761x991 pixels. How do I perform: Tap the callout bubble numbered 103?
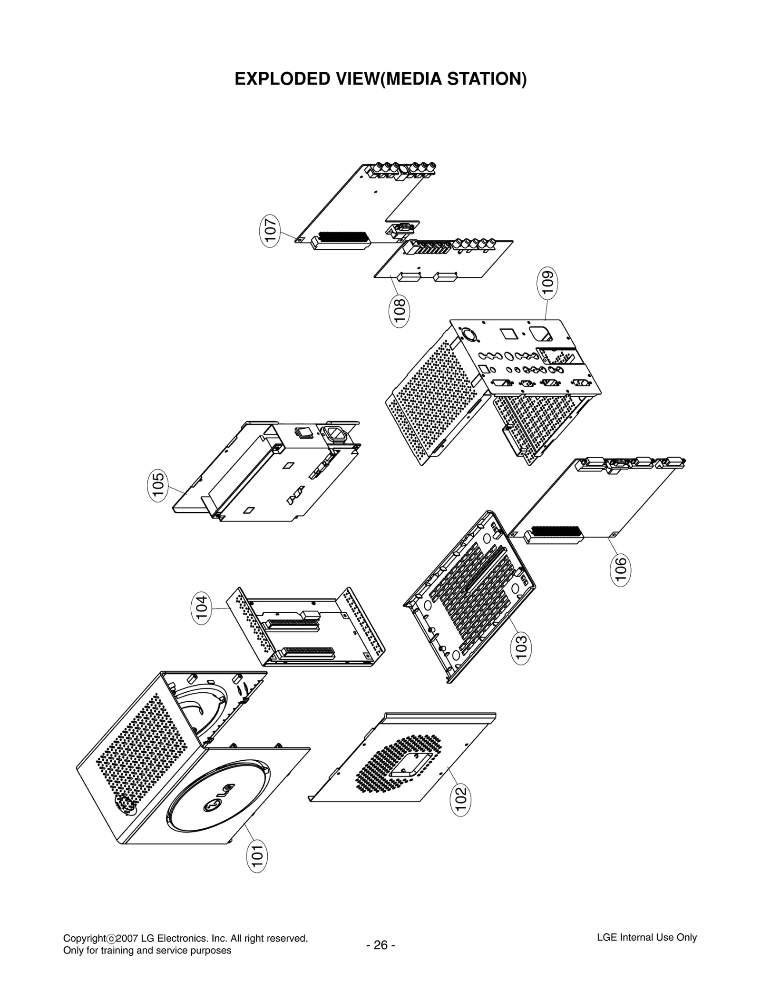click(x=521, y=648)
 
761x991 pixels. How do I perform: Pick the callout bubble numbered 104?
click(x=202, y=609)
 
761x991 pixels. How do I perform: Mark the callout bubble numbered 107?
click(x=270, y=229)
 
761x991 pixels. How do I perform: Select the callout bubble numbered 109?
click(x=548, y=284)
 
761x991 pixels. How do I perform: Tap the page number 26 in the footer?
click(x=380, y=945)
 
